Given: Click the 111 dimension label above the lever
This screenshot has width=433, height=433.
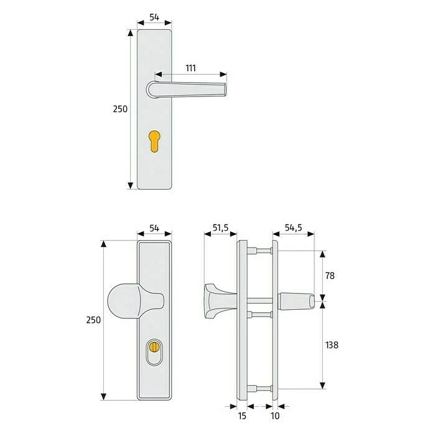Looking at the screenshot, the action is click(190, 68).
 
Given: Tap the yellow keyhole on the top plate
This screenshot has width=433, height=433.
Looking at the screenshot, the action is click(154, 141).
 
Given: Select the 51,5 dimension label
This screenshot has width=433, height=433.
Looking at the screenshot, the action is click(220, 228).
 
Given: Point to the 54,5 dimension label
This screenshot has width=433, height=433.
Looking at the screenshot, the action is click(294, 228).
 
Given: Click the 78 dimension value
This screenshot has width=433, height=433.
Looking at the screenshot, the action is click(330, 276).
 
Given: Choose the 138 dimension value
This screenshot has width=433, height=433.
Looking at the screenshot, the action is click(332, 345).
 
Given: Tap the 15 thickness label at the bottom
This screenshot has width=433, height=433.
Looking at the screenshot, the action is click(242, 416).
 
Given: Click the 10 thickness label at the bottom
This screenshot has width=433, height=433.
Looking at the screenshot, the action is click(275, 416).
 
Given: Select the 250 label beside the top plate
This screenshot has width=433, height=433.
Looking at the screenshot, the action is click(120, 109).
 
